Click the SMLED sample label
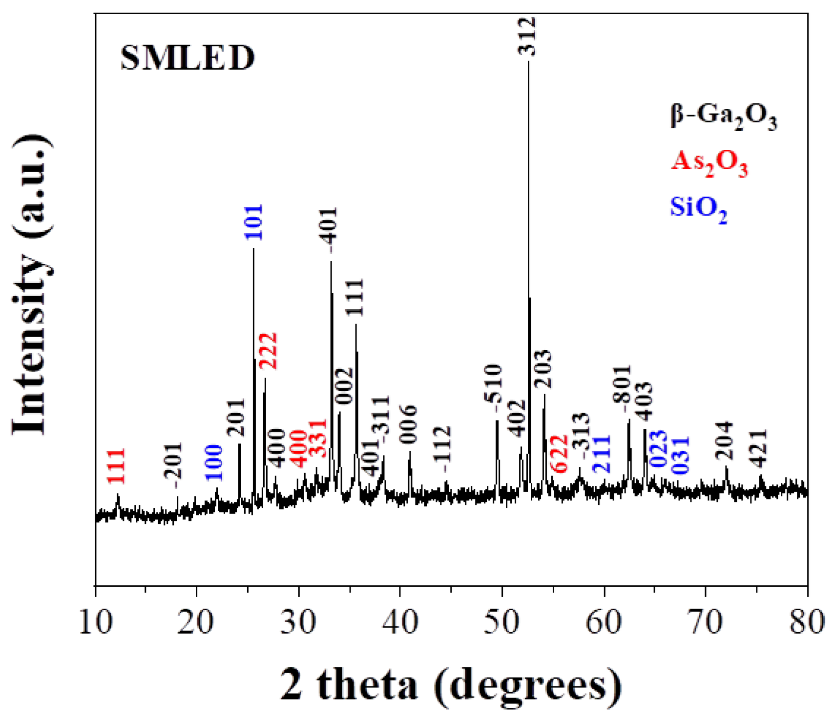point(188,58)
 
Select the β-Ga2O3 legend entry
point(724,117)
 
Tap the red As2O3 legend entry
point(709,163)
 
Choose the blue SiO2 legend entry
point(698,209)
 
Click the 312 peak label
point(527,37)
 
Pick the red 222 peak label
point(268,351)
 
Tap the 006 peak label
point(408,424)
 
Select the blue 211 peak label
point(602,454)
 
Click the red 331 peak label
point(318,438)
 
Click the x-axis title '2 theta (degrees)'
point(451,685)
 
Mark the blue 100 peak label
point(214,463)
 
